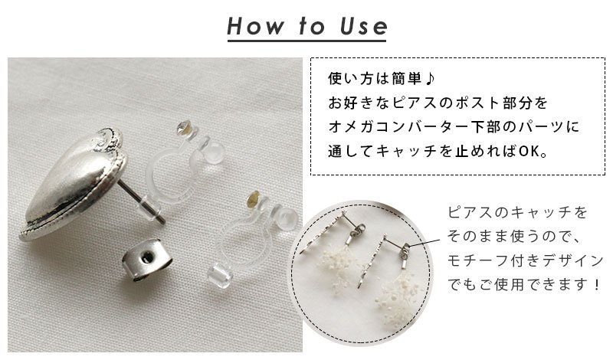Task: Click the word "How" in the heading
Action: click(255, 26)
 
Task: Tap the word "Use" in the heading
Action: click(363, 26)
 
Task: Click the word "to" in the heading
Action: click(312, 26)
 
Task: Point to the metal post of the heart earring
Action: click(142, 202)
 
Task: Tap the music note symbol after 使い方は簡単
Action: click(429, 79)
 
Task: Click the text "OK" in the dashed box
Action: click(529, 151)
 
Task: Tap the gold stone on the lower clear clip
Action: click(254, 198)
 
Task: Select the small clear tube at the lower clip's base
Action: click(216, 277)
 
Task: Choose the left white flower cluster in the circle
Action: click(339, 266)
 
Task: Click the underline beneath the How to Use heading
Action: click(307, 39)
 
